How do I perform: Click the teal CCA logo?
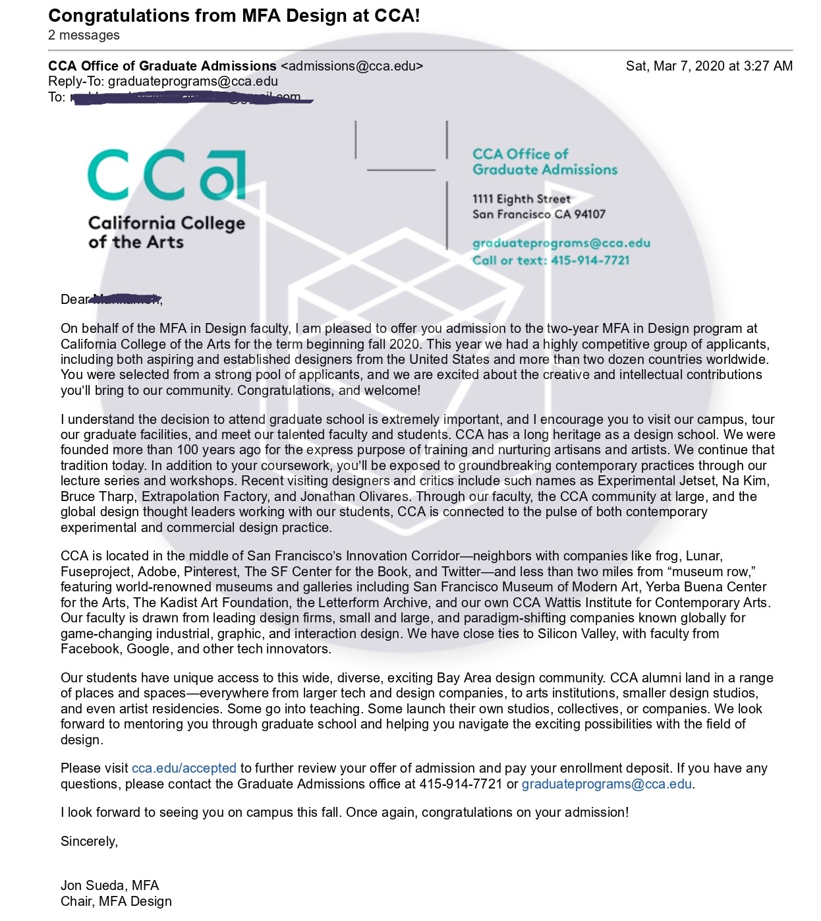point(166,175)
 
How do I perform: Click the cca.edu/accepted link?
point(184,768)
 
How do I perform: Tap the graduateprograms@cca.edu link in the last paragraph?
point(606,784)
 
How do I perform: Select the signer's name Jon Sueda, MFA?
point(109,885)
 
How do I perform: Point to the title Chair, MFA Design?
point(116,901)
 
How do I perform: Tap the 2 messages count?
point(84,35)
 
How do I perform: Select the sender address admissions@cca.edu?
point(352,66)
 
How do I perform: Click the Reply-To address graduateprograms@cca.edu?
point(192,81)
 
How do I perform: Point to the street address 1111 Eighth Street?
point(521,198)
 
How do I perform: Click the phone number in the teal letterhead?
point(590,260)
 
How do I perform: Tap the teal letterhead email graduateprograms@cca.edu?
point(561,243)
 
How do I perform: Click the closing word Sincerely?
point(89,841)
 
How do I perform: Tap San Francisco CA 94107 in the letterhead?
point(538,214)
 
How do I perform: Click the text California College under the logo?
point(166,223)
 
